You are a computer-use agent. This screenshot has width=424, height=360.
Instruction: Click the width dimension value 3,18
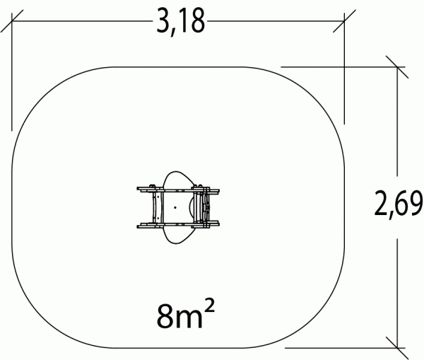(x=179, y=23)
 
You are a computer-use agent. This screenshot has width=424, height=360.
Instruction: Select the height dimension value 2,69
(x=397, y=206)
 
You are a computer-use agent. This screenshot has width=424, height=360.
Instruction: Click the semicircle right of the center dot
(x=194, y=207)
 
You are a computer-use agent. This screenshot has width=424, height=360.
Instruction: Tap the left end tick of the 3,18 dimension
(x=12, y=23)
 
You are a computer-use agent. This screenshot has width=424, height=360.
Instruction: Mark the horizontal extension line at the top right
(x=339, y=66)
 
